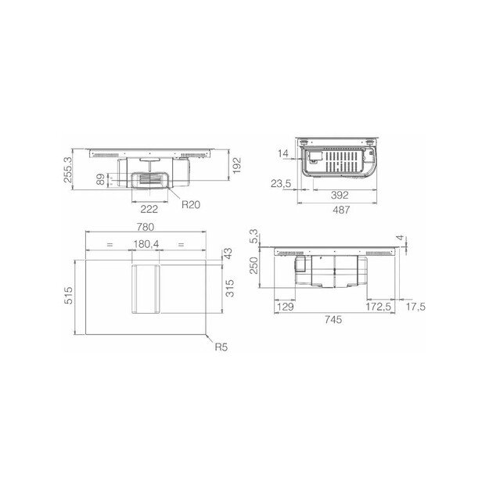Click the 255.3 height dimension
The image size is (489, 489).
coord(67,170)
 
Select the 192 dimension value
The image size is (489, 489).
coord(237,165)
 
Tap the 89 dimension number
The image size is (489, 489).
coord(100,179)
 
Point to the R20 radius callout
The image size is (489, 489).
coord(191,204)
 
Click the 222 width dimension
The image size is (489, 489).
coord(149,209)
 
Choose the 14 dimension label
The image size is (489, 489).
coord(283,153)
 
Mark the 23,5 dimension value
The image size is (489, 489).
coord(281,184)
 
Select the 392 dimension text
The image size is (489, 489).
coord(340,196)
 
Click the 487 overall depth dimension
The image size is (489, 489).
coord(341,210)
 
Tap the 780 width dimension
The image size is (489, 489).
coord(146,227)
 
